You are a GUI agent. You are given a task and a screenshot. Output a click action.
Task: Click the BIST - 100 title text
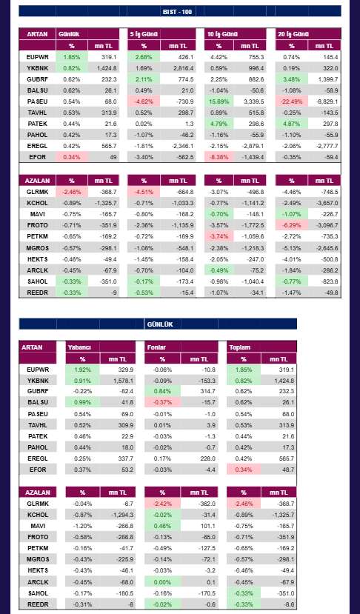pos(177,11)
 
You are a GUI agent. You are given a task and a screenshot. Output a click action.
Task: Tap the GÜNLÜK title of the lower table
pos(160,324)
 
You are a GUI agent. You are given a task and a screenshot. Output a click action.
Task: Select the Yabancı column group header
pos(79,347)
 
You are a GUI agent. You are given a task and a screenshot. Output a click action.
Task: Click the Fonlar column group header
pos(156,347)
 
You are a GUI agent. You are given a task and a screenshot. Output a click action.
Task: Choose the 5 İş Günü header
pos(144,34)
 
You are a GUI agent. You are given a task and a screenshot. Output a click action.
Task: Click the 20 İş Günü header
pos(293,34)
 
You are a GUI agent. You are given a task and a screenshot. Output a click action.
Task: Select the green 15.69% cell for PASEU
pos(219,101)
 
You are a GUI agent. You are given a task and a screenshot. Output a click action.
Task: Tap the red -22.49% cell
pos(291,101)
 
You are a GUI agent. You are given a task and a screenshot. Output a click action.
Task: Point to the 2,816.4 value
pos(182,68)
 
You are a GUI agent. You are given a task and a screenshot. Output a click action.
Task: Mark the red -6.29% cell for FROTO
pos(291,225)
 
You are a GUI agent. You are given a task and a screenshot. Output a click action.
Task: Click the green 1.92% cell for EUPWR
pos(82,370)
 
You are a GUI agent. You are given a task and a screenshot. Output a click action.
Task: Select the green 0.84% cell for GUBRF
pos(162,391)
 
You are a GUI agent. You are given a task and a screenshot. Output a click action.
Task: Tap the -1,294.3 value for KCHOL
pos(121,515)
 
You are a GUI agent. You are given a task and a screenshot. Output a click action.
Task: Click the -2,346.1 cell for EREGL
pos(181,146)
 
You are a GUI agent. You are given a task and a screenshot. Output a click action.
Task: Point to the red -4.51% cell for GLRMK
pos(144,192)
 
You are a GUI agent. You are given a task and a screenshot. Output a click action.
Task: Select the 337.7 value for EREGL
pos(125,458)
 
